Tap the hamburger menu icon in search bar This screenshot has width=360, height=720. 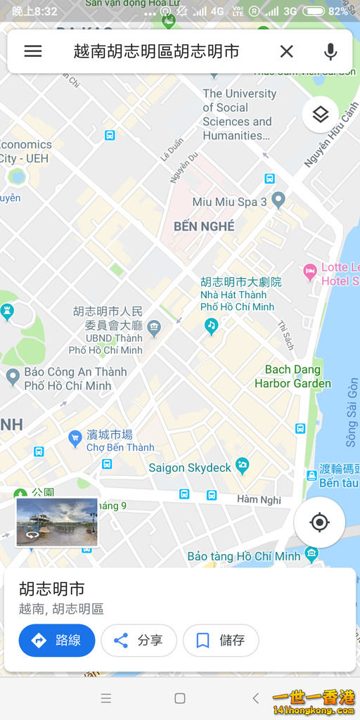(x=33, y=51)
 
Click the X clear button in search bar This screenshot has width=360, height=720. (x=286, y=51)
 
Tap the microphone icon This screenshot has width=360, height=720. (x=330, y=51)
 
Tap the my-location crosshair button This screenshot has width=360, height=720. (x=319, y=522)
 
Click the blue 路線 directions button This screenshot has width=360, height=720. (x=57, y=641)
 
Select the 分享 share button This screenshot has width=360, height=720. (x=139, y=641)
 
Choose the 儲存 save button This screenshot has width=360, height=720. (x=221, y=641)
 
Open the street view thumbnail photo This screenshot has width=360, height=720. (x=57, y=522)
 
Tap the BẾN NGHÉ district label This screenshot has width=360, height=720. (x=204, y=226)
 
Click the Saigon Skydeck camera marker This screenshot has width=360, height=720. (x=242, y=465)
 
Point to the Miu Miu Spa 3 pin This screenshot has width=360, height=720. (x=278, y=200)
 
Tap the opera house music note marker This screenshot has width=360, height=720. (x=211, y=326)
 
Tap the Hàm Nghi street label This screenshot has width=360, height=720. (x=259, y=500)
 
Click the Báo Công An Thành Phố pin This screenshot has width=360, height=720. (x=13, y=377)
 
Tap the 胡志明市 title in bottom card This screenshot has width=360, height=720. (x=51, y=589)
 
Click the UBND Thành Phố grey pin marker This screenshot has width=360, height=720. (x=154, y=326)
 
